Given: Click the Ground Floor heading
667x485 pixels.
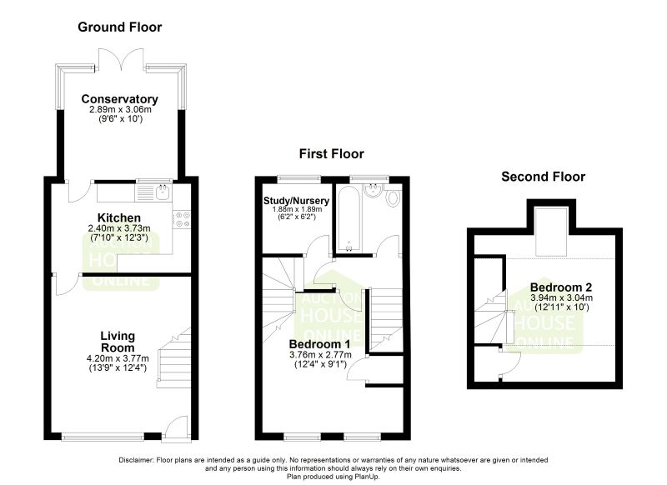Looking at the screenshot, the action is click(119, 27).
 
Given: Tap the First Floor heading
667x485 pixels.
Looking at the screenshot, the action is click(331, 153).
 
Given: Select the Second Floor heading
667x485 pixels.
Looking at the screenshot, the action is click(544, 177).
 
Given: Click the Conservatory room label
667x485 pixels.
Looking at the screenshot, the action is click(119, 99).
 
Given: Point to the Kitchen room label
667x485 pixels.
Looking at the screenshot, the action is click(119, 217).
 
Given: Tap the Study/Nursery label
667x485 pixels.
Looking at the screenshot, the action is click(296, 201).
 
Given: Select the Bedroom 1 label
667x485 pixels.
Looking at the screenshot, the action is click(320, 344).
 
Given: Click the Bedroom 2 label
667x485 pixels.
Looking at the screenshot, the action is click(561, 287).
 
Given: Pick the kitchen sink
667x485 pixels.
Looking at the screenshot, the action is click(163, 192).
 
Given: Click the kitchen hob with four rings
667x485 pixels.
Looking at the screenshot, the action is click(182, 219).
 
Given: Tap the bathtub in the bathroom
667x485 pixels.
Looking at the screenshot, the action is click(349, 219).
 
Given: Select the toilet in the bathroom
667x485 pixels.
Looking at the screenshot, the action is click(394, 197).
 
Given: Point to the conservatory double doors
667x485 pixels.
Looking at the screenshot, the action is click(122, 58).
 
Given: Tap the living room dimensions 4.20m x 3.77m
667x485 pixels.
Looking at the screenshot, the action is click(118, 358).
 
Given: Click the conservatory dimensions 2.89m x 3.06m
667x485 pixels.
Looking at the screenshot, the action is click(120, 110).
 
